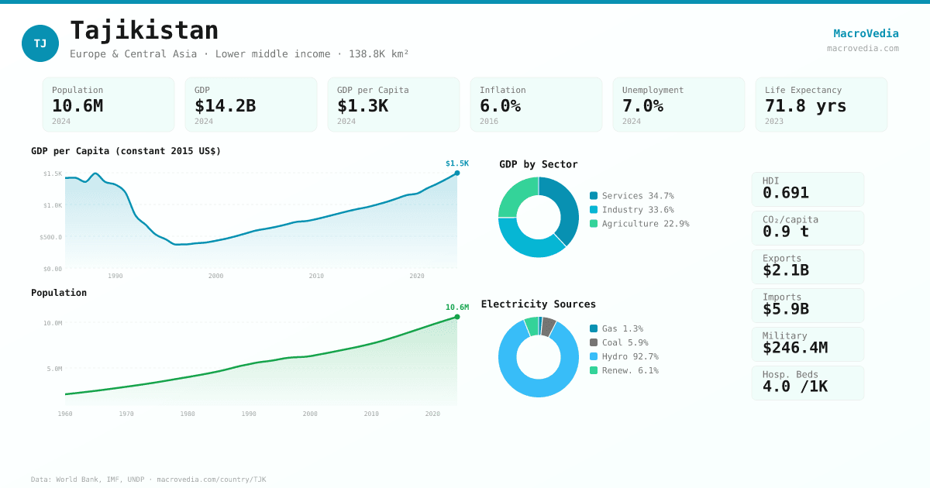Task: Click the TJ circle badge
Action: tap(40, 43)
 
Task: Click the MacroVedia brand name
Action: tap(866, 33)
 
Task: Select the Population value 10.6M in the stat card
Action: tap(77, 106)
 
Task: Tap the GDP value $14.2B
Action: tap(225, 106)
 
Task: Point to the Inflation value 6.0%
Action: tap(500, 106)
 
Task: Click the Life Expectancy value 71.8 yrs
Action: tap(805, 106)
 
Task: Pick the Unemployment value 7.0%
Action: tap(642, 106)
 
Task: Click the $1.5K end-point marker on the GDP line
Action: tap(457, 173)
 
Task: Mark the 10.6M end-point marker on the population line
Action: tap(457, 317)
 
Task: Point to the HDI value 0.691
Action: tap(785, 193)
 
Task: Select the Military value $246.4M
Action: tap(794, 348)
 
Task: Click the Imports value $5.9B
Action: tap(785, 309)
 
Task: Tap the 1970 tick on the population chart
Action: tap(126, 414)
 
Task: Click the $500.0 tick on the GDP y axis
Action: tap(51, 237)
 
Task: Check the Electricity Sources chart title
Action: tap(539, 304)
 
